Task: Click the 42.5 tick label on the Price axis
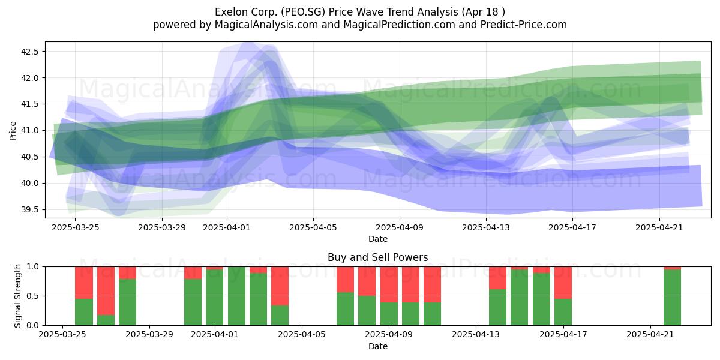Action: point(29,52)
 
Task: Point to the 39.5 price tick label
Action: point(29,210)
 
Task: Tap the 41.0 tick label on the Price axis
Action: point(29,131)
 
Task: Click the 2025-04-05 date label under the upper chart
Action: point(313,227)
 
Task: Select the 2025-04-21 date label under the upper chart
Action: point(659,227)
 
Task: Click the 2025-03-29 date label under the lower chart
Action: point(149,335)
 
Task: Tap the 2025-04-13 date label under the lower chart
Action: point(476,335)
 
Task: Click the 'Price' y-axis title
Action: point(13,131)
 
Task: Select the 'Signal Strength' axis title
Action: point(17,296)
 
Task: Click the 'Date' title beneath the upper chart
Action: point(377,239)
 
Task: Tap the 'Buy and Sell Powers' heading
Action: point(377,257)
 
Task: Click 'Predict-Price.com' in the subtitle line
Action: point(524,25)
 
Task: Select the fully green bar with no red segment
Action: point(236,296)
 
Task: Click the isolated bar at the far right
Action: point(672,296)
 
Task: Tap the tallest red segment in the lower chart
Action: point(106,291)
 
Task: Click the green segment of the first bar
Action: point(84,312)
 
